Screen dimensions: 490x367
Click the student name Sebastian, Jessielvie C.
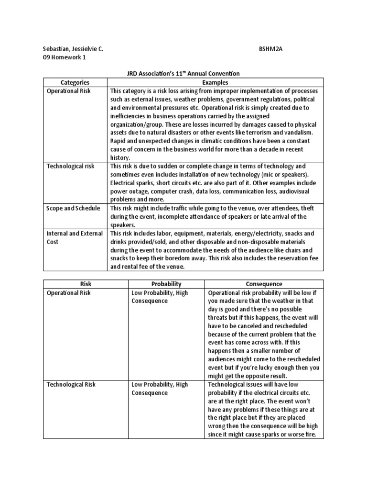click(x=73, y=49)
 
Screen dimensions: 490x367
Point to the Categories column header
click(x=75, y=82)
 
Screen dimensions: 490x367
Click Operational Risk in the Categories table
click(x=68, y=90)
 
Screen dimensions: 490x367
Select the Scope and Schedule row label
click(x=73, y=208)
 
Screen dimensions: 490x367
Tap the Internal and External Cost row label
click(x=74, y=238)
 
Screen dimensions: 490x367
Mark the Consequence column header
click(x=264, y=284)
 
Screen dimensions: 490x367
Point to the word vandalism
click(x=299, y=132)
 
